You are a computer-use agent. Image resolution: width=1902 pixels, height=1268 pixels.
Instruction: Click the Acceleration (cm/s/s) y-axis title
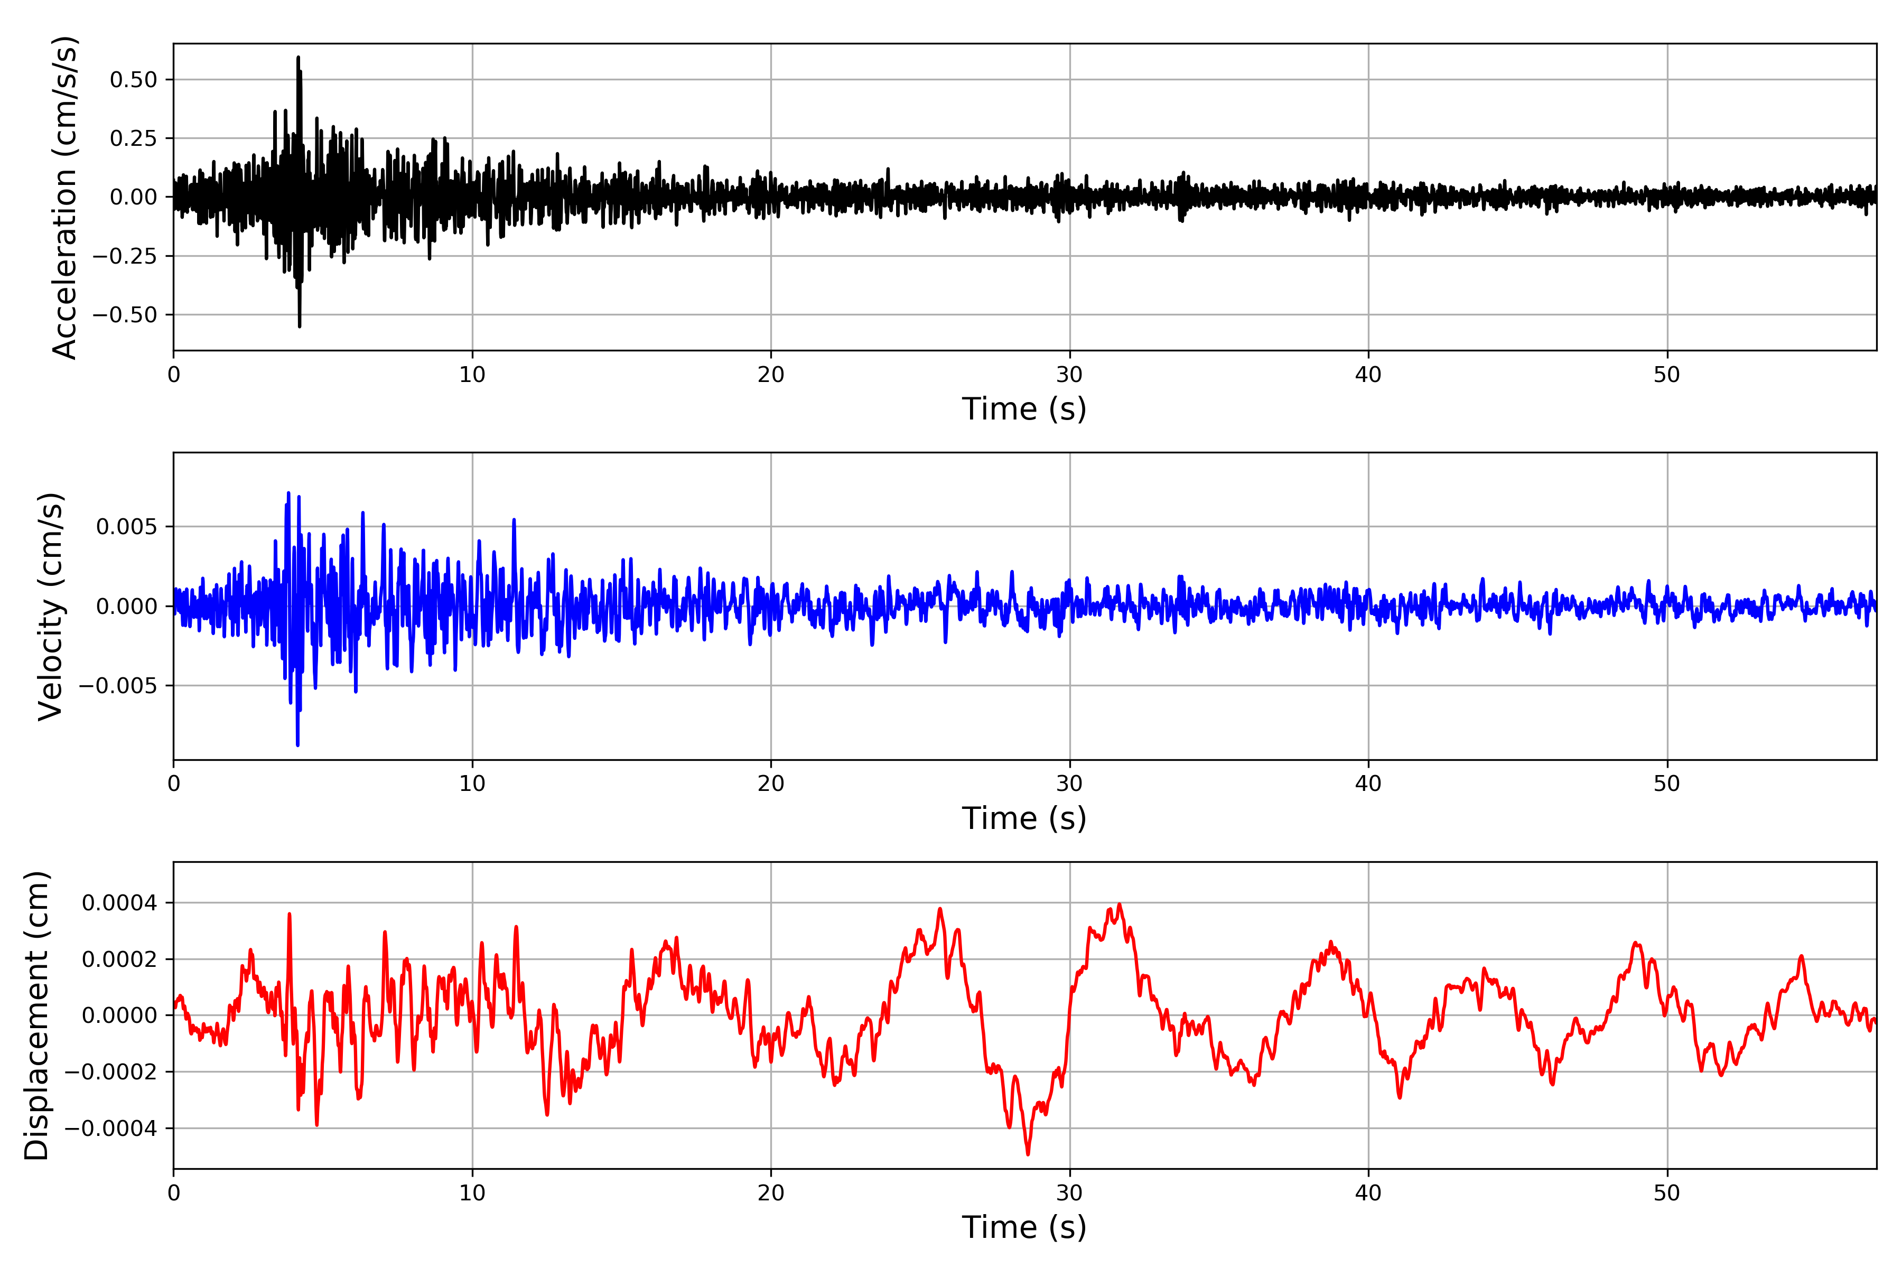[x=64, y=197]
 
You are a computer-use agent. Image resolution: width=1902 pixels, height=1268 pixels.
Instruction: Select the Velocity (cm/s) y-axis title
[x=51, y=607]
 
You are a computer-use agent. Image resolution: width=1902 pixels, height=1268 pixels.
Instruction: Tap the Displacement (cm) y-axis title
[x=37, y=1015]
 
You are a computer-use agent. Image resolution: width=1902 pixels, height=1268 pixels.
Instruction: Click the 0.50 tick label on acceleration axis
[x=134, y=80]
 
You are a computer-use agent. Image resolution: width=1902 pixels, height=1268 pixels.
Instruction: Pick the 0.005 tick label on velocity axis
[x=127, y=527]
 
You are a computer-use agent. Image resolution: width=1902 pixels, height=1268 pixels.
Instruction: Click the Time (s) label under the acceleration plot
[x=1024, y=409]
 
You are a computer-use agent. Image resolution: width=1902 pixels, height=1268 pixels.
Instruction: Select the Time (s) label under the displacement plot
[x=1024, y=1227]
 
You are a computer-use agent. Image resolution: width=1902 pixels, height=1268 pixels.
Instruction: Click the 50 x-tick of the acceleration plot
[x=1667, y=375]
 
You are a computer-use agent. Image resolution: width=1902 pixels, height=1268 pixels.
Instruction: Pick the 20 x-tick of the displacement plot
[x=771, y=1193]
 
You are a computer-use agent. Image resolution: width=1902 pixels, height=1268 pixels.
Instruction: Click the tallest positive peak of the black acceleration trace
[x=297, y=58]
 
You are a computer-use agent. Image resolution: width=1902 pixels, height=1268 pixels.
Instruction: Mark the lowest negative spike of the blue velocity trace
[x=297, y=745]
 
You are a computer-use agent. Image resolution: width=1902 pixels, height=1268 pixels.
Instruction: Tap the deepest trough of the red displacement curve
[x=1028, y=1154]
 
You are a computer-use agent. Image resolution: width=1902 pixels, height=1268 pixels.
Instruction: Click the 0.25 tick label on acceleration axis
[x=134, y=138]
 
